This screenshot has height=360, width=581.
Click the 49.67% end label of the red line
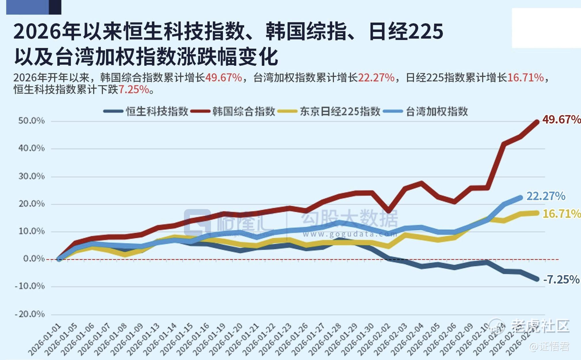(x=561, y=119)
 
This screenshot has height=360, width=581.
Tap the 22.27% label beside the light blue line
(x=546, y=196)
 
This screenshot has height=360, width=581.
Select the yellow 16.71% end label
(x=561, y=214)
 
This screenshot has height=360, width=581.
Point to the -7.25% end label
(x=561, y=279)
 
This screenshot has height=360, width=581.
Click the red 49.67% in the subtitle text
(x=223, y=78)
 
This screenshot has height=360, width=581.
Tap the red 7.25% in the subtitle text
(x=134, y=90)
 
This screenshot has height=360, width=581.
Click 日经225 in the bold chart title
(x=406, y=32)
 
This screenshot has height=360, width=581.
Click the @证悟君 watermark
(x=549, y=347)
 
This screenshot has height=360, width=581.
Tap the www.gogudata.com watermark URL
(x=350, y=234)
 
